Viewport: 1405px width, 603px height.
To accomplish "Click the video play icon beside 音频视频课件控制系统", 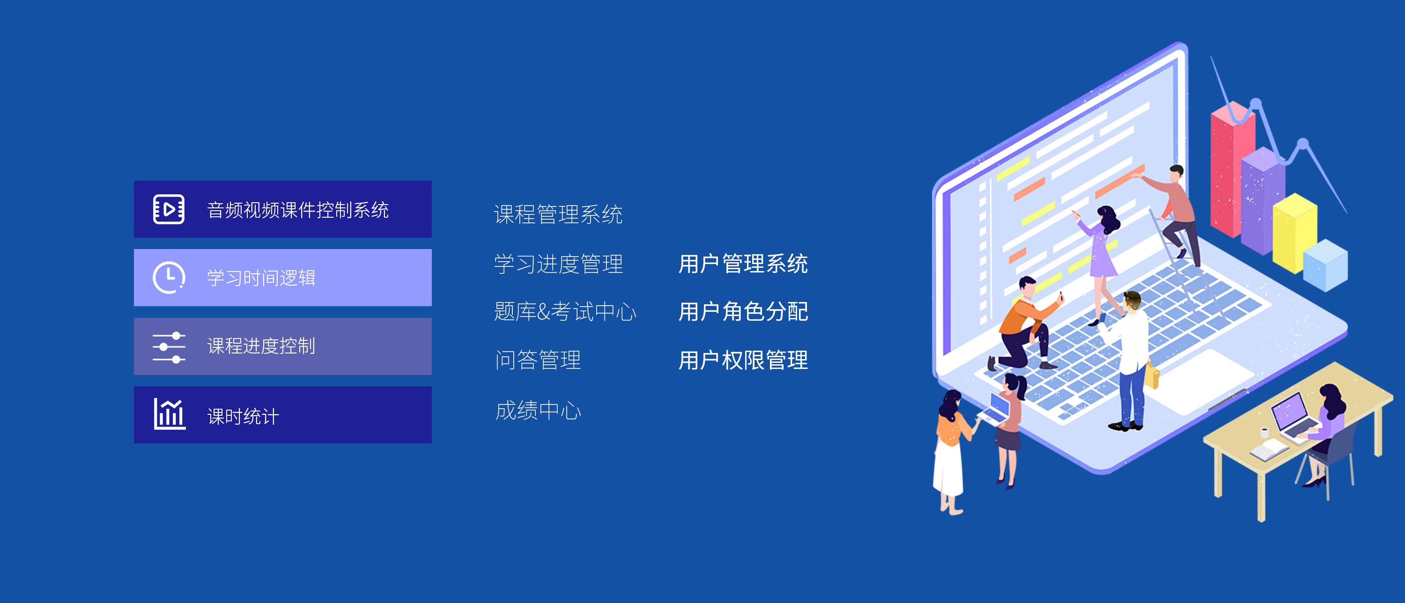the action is point(169,209).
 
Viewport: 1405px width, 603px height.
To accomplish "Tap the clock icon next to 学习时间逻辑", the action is point(169,278).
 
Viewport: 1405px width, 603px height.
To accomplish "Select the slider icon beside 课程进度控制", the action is point(169,347).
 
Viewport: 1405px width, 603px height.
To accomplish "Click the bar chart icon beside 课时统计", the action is point(169,414).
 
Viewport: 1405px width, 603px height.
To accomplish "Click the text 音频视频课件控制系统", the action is point(298,210).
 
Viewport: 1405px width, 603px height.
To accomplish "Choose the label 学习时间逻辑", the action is point(261,278).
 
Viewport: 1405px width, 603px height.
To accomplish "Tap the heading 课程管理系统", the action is point(558,214).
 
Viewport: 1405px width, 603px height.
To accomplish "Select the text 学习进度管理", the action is point(558,265).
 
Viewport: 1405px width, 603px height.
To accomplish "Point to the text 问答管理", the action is point(538,360).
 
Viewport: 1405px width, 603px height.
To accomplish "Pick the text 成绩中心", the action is point(538,410).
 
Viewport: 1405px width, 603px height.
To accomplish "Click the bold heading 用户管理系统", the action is point(743,264).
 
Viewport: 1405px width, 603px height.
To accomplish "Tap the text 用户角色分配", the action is point(743,312).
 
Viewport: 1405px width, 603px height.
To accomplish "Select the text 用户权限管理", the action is point(743,360).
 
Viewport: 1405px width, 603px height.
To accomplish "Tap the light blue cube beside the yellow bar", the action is point(1325,265).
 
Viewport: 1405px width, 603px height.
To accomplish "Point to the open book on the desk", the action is point(1268,450).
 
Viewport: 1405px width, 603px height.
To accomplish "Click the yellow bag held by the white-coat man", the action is point(1152,375).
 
